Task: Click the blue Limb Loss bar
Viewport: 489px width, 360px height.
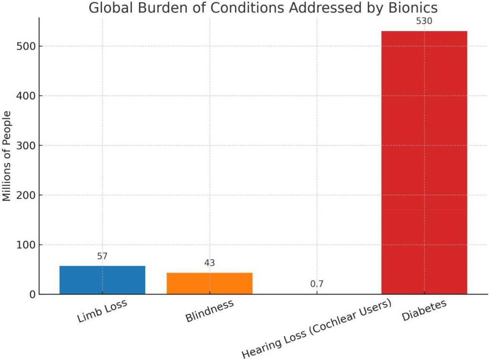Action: coord(102,280)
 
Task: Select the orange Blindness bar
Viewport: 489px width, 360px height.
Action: coord(209,283)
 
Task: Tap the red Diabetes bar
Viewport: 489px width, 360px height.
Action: coord(424,162)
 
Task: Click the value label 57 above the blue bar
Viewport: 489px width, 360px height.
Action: coord(102,256)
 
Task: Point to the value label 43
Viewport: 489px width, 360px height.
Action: coord(209,263)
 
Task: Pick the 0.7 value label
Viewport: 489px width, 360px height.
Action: coord(317,284)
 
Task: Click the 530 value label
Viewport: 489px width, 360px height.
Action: coord(424,21)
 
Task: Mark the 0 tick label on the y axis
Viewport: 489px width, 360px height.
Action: coord(32,295)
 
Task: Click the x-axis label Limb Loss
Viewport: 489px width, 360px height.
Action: coord(102,311)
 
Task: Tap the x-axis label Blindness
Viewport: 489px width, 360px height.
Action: coord(209,311)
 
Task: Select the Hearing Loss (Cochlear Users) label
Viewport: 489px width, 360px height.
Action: coord(317,328)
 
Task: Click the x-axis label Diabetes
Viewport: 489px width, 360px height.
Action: coord(424,311)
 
